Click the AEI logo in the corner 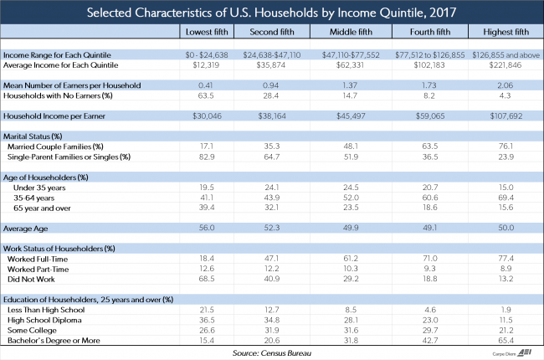[x=524, y=352]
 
